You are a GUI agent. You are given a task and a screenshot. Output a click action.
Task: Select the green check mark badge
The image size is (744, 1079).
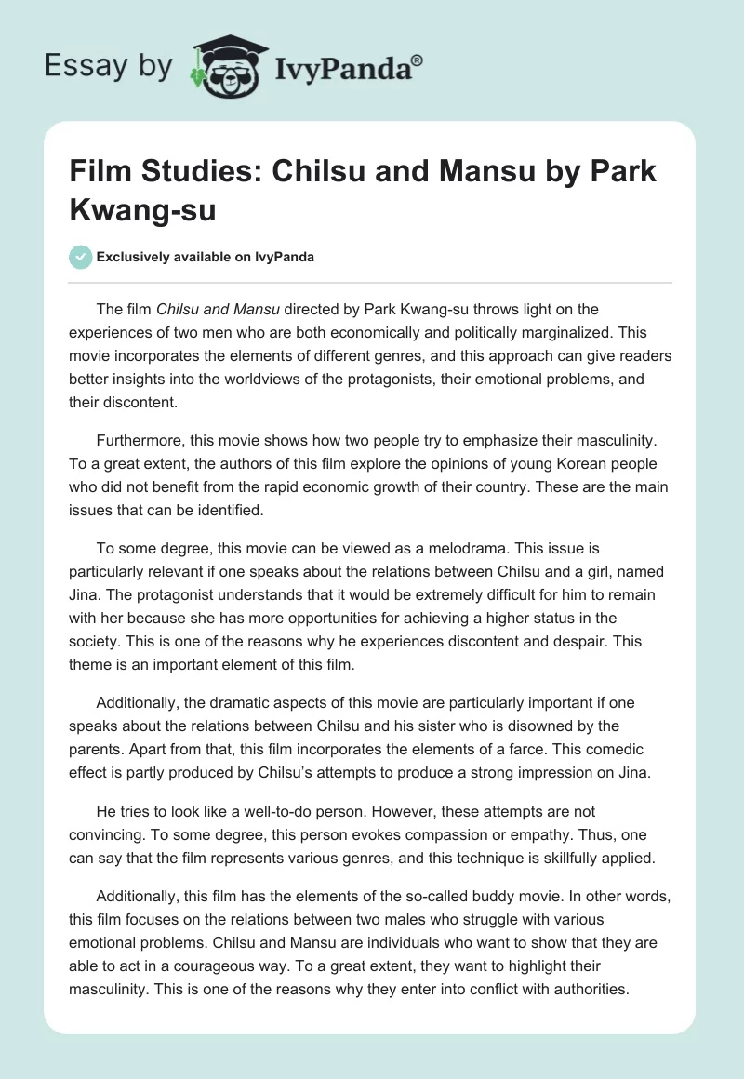(82, 258)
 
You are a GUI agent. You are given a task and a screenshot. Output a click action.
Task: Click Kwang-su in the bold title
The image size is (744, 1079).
(143, 209)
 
